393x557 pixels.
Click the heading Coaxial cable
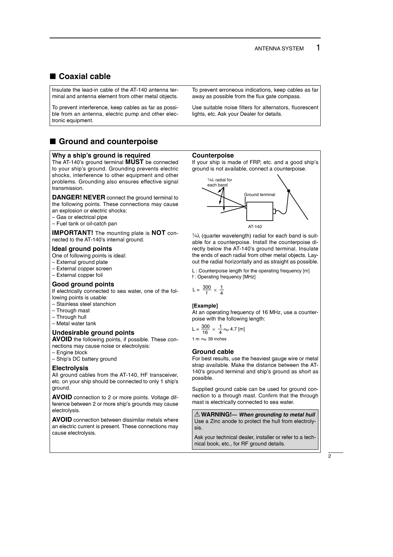tap(84, 76)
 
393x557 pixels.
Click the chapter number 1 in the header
tap(318, 48)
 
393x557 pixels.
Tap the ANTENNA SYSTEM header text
tap(279, 49)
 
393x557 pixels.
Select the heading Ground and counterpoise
tap(108, 141)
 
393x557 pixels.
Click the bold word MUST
tap(134, 162)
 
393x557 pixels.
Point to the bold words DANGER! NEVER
tap(79, 197)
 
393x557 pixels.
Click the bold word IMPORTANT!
tap(72, 233)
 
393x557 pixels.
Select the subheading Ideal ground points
tap(82, 249)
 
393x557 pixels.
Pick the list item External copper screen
tap(84, 269)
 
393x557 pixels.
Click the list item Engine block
tap(72, 352)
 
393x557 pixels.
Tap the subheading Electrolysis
tap(70, 368)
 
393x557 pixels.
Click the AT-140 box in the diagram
tap(260, 211)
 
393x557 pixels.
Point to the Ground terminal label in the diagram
tap(260, 195)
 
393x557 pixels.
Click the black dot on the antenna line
tap(289, 191)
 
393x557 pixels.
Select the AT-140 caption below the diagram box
tap(255, 227)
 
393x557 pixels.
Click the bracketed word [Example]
tap(205, 306)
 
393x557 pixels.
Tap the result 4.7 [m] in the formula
tap(237, 329)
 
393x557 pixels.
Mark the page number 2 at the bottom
tap(329, 456)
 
